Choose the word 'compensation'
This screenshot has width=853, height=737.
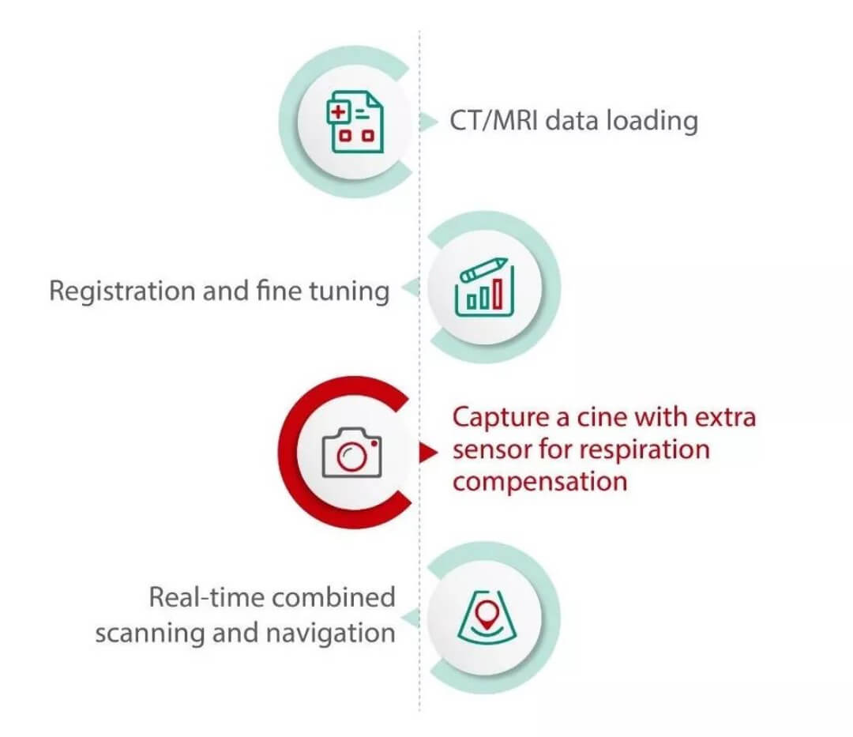click(539, 482)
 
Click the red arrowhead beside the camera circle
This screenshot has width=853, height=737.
click(427, 452)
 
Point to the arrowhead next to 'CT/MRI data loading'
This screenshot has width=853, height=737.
click(429, 122)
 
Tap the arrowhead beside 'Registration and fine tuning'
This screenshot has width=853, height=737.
click(409, 290)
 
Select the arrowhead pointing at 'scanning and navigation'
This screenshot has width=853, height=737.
click(409, 617)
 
